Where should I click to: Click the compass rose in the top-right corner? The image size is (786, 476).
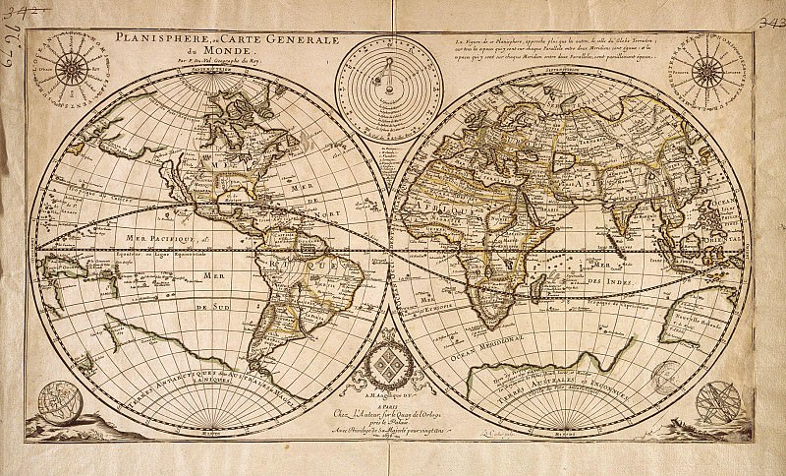[x=706, y=71]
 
